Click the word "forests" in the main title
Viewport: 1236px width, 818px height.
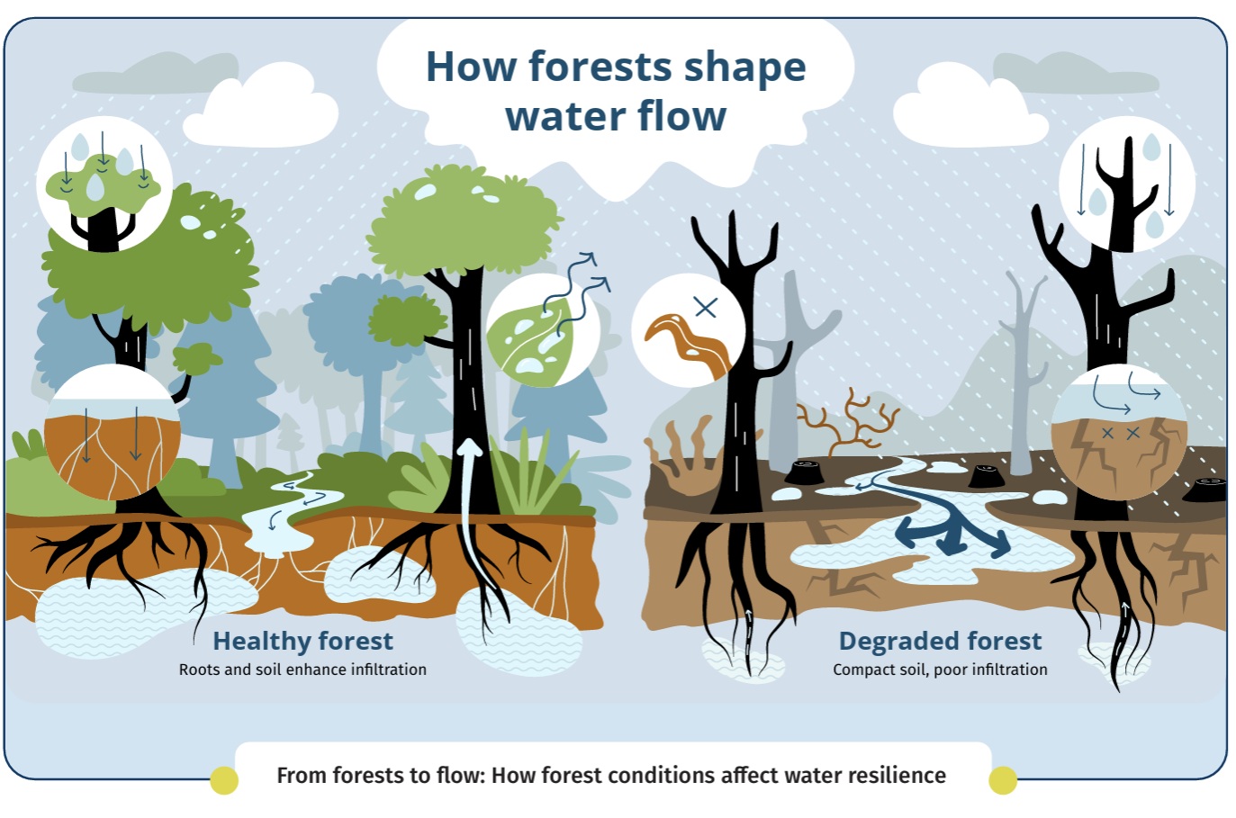coord(600,67)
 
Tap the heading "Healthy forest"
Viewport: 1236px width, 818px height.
coord(303,641)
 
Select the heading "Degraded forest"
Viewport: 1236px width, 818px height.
coord(940,641)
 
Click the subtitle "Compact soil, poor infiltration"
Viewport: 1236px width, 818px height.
coord(940,670)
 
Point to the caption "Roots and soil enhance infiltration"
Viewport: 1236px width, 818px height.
coord(302,670)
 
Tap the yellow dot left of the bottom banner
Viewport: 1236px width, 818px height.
coord(224,780)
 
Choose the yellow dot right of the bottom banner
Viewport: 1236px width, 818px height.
coord(1003,780)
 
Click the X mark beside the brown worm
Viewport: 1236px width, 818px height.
coord(706,307)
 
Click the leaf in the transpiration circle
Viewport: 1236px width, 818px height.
coord(529,342)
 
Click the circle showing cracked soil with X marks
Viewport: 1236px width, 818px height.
coord(1118,432)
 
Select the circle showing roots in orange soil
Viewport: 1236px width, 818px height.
coord(112,432)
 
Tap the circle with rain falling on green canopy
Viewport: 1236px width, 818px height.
coord(104,184)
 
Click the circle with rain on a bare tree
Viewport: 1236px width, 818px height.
coord(1127,184)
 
